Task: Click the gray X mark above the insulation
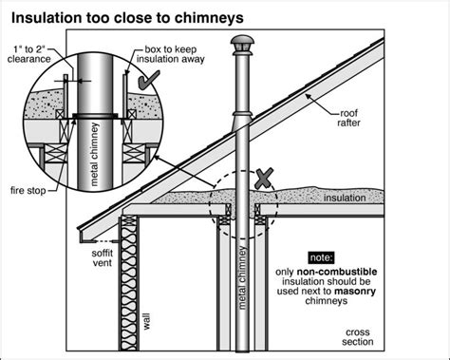click(264, 179)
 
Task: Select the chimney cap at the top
click(242, 44)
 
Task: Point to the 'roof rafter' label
click(348, 118)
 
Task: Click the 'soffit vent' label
click(102, 257)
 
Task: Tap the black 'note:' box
click(321, 257)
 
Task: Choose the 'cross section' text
click(358, 337)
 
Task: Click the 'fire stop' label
click(28, 191)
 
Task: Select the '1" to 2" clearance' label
click(29, 54)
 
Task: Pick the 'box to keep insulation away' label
click(171, 54)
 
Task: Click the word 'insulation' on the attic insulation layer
click(345, 199)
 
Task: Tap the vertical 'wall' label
click(146, 321)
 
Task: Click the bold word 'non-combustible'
click(337, 272)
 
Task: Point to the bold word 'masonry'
click(355, 291)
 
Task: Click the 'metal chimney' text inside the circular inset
click(94, 155)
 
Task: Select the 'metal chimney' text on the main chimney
click(242, 277)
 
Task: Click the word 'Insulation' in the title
click(47, 18)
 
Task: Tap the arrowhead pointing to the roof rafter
click(307, 97)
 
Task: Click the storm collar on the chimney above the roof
click(242, 114)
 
